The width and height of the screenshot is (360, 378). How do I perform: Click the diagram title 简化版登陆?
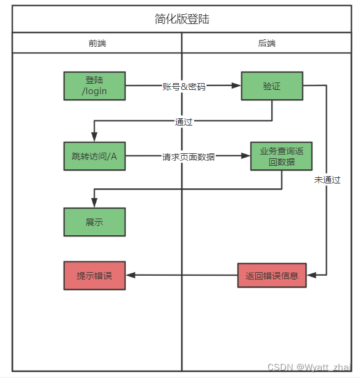182,19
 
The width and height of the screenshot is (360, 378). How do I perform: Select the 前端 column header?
97,43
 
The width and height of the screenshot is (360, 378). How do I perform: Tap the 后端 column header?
267,43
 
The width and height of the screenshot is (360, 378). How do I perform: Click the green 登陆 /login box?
94,86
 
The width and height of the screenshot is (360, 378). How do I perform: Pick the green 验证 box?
272,86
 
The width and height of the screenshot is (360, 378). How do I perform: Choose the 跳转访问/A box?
94,156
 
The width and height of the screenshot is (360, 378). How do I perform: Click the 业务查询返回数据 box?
281,156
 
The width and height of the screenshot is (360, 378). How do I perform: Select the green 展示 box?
94,222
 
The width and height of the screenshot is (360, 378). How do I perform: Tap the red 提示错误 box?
94,275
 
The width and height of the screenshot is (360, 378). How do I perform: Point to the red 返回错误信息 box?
272,275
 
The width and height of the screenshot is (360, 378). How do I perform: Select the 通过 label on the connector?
184,121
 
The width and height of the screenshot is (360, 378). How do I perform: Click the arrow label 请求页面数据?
189,157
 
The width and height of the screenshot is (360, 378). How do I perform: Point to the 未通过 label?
327,180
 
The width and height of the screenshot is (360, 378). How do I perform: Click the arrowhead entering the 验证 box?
236,86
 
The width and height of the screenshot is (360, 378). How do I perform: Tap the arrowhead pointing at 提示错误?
130,275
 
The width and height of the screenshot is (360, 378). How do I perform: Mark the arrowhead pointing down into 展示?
94,203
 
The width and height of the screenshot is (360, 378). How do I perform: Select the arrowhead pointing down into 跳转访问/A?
94,137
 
